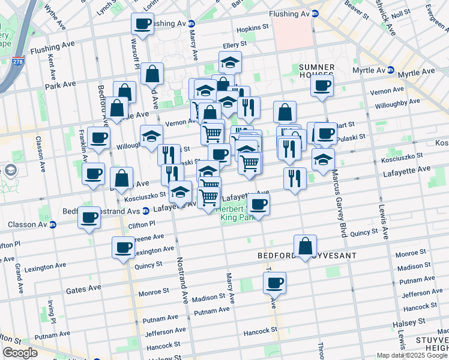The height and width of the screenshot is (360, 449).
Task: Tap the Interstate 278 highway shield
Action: click(17, 61)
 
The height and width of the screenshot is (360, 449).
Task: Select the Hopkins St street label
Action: click(252, 28)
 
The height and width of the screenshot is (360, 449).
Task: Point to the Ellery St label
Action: click(235, 44)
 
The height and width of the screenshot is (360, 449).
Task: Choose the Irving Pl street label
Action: click(53, 312)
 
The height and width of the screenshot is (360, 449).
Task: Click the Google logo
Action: click(20, 353)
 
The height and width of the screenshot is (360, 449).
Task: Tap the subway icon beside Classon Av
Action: click(52, 225)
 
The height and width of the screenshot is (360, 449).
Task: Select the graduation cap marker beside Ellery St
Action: click(230, 62)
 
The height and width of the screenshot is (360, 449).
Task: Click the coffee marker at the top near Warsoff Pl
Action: click(143, 23)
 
